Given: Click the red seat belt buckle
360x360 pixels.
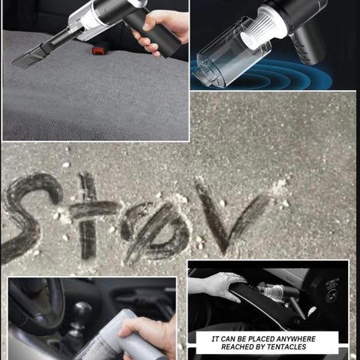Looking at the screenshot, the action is [99, 50].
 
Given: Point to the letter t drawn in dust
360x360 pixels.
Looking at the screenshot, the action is [91, 215].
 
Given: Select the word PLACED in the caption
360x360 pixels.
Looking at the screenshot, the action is [259, 339].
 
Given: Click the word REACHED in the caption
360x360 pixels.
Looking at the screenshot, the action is [237, 347].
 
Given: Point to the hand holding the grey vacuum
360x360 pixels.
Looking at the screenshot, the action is [148, 335].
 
